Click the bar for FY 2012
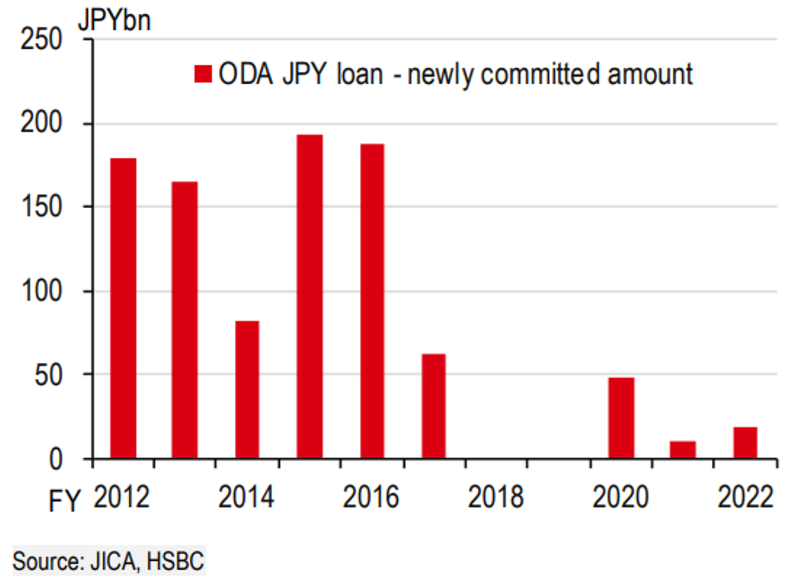(x=123, y=308)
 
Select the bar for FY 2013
(x=184, y=319)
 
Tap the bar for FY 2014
(x=247, y=389)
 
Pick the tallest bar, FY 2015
(x=309, y=296)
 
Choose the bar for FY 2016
(x=372, y=301)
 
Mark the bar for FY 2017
(x=433, y=406)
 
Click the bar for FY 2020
(x=621, y=418)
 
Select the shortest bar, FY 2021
(x=682, y=449)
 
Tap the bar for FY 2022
(x=745, y=442)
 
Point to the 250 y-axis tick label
(x=41, y=39)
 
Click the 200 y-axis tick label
(x=41, y=123)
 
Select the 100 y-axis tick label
(x=41, y=291)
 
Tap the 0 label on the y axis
(x=55, y=459)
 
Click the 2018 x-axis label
(x=495, y=497)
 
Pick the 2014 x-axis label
(x=246, y=497)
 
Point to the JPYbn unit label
(x=114, y=20)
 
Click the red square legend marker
(x=203, y=74)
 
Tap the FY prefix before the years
(x=64, y=501)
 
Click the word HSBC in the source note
(x=175, y=561)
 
